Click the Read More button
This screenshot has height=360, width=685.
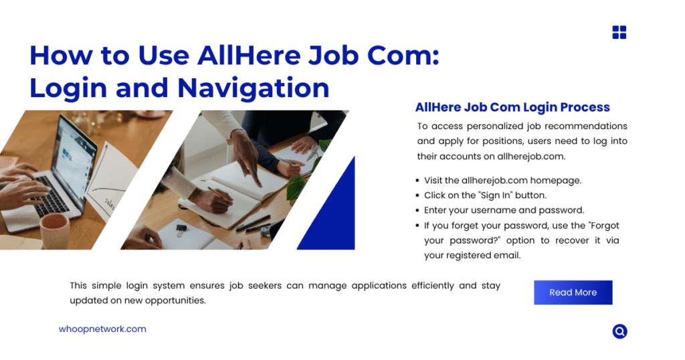pyautogui.click(x=573, y=292)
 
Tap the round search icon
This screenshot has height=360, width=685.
pyautogui.click(x=619, y=331)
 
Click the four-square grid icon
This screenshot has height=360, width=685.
pyautogui.click(x=619, y=32)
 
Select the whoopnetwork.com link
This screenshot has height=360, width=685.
pyautogui.click(x=102, y=329)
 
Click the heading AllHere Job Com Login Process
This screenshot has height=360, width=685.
pyautogui.click(x=512, y=107)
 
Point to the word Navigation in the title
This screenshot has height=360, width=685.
pyautogui.click(x=254, y=88)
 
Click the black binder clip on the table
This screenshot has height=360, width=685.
pyautogui.click(x=181, y=230)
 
